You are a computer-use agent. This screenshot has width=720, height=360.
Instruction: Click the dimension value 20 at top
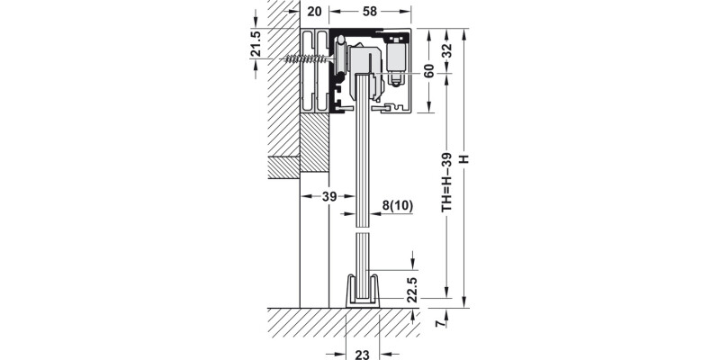(x=313, y=12)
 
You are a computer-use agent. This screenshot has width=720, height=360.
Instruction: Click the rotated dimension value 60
(x=429, y=72)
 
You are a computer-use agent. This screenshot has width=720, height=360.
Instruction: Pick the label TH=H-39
(x=447, y=179)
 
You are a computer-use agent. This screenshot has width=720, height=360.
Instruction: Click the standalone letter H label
(x=463, y=158)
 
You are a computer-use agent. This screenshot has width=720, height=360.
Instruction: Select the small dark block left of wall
(x=283, y=167)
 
